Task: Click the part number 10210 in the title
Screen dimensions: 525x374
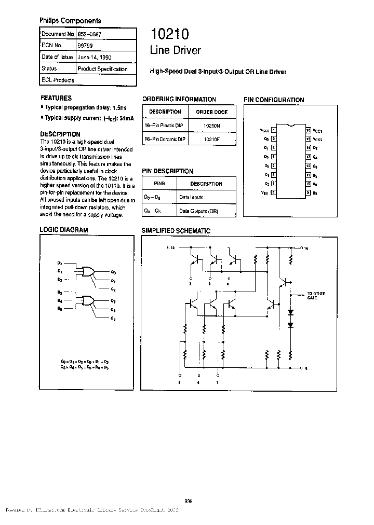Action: tap(169, 35)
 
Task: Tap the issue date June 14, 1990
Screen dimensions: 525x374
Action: tap(94, 57)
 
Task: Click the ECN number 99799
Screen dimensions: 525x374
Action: tap(85, 45)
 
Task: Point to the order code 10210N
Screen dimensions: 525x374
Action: tap(211, 126)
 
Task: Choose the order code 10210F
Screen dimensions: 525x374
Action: tap(211, 140)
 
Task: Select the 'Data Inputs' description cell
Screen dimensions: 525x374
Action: tap(191, 198)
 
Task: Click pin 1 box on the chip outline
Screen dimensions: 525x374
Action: tap(273, 131)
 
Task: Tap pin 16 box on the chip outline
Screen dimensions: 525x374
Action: tap(308, 131)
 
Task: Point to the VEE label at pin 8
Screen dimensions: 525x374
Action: tap(265, 192)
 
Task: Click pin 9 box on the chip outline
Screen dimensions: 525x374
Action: tap(308, 192)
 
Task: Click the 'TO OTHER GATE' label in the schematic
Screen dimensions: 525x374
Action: tap(316, 296)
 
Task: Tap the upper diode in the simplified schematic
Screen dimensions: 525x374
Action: tap(290, 313)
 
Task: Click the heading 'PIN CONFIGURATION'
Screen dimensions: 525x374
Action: tap(274, 100)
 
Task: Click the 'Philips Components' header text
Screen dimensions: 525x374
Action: tap(70, 21)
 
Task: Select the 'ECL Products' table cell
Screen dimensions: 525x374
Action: tap(58, 80)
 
